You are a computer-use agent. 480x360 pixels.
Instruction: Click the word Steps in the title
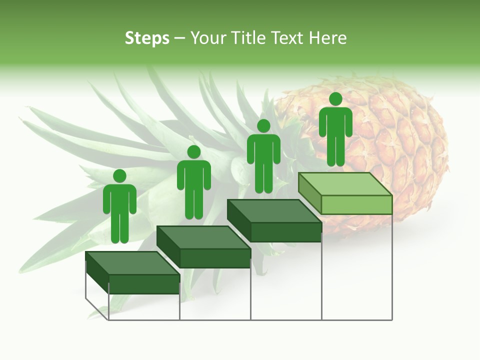coord(147,38)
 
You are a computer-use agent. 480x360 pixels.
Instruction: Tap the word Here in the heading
coord(327,38)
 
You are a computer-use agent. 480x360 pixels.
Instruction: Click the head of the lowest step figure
coord(119,176)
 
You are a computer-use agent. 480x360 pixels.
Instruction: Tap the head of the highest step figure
coord(335,99)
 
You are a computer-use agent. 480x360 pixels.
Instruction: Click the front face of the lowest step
coord(144,284)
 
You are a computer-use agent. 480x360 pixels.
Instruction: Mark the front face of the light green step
coord(356,204)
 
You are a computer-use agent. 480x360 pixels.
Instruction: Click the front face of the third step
coord(285,232)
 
